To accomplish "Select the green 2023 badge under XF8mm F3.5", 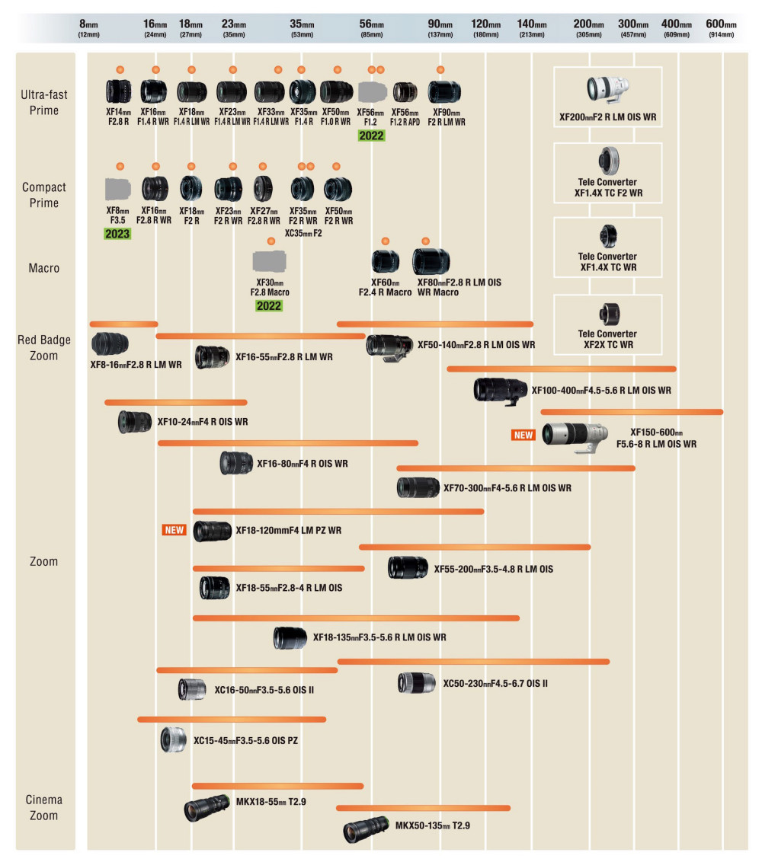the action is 117,234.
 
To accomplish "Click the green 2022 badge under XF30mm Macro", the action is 268,305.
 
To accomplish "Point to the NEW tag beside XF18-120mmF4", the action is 174,530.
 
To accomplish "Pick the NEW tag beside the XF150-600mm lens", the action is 523,435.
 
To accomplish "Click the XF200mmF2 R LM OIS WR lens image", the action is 607,90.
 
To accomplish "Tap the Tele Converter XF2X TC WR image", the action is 609,314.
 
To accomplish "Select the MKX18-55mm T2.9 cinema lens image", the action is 207,808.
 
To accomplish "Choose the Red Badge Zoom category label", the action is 44,347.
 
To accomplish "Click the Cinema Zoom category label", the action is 44,808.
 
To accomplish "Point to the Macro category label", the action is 44,268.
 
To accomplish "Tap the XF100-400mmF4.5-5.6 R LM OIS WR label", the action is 601,391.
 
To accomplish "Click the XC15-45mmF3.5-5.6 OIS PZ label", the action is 246,740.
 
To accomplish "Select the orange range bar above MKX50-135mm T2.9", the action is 423,808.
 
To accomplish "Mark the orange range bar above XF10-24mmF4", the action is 175,402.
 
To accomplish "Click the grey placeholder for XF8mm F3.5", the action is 118,189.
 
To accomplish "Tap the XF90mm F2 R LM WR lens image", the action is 444,92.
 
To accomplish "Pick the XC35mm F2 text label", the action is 303,233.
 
